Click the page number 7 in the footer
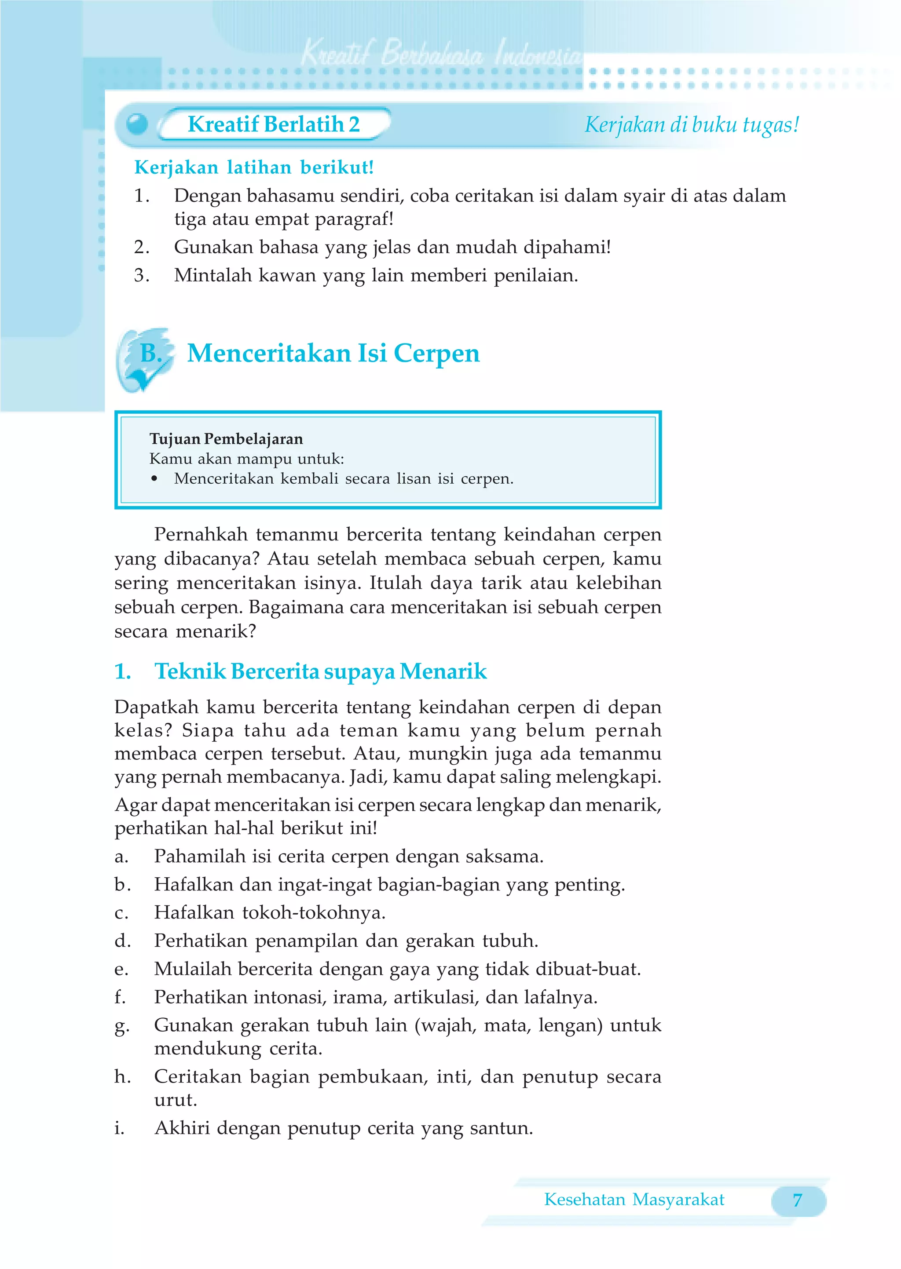point(797,1200)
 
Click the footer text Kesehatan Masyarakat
point(634,1200)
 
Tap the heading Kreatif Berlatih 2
point(274,124)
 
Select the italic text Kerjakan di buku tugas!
point(692,125)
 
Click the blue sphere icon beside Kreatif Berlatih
point(137,124)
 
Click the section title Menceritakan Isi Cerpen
point(333,353)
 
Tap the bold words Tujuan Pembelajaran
point(227,439)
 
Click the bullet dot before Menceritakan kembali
point(155,479)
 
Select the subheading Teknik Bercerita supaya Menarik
point(321,671)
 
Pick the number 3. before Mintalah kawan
point(142,276)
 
